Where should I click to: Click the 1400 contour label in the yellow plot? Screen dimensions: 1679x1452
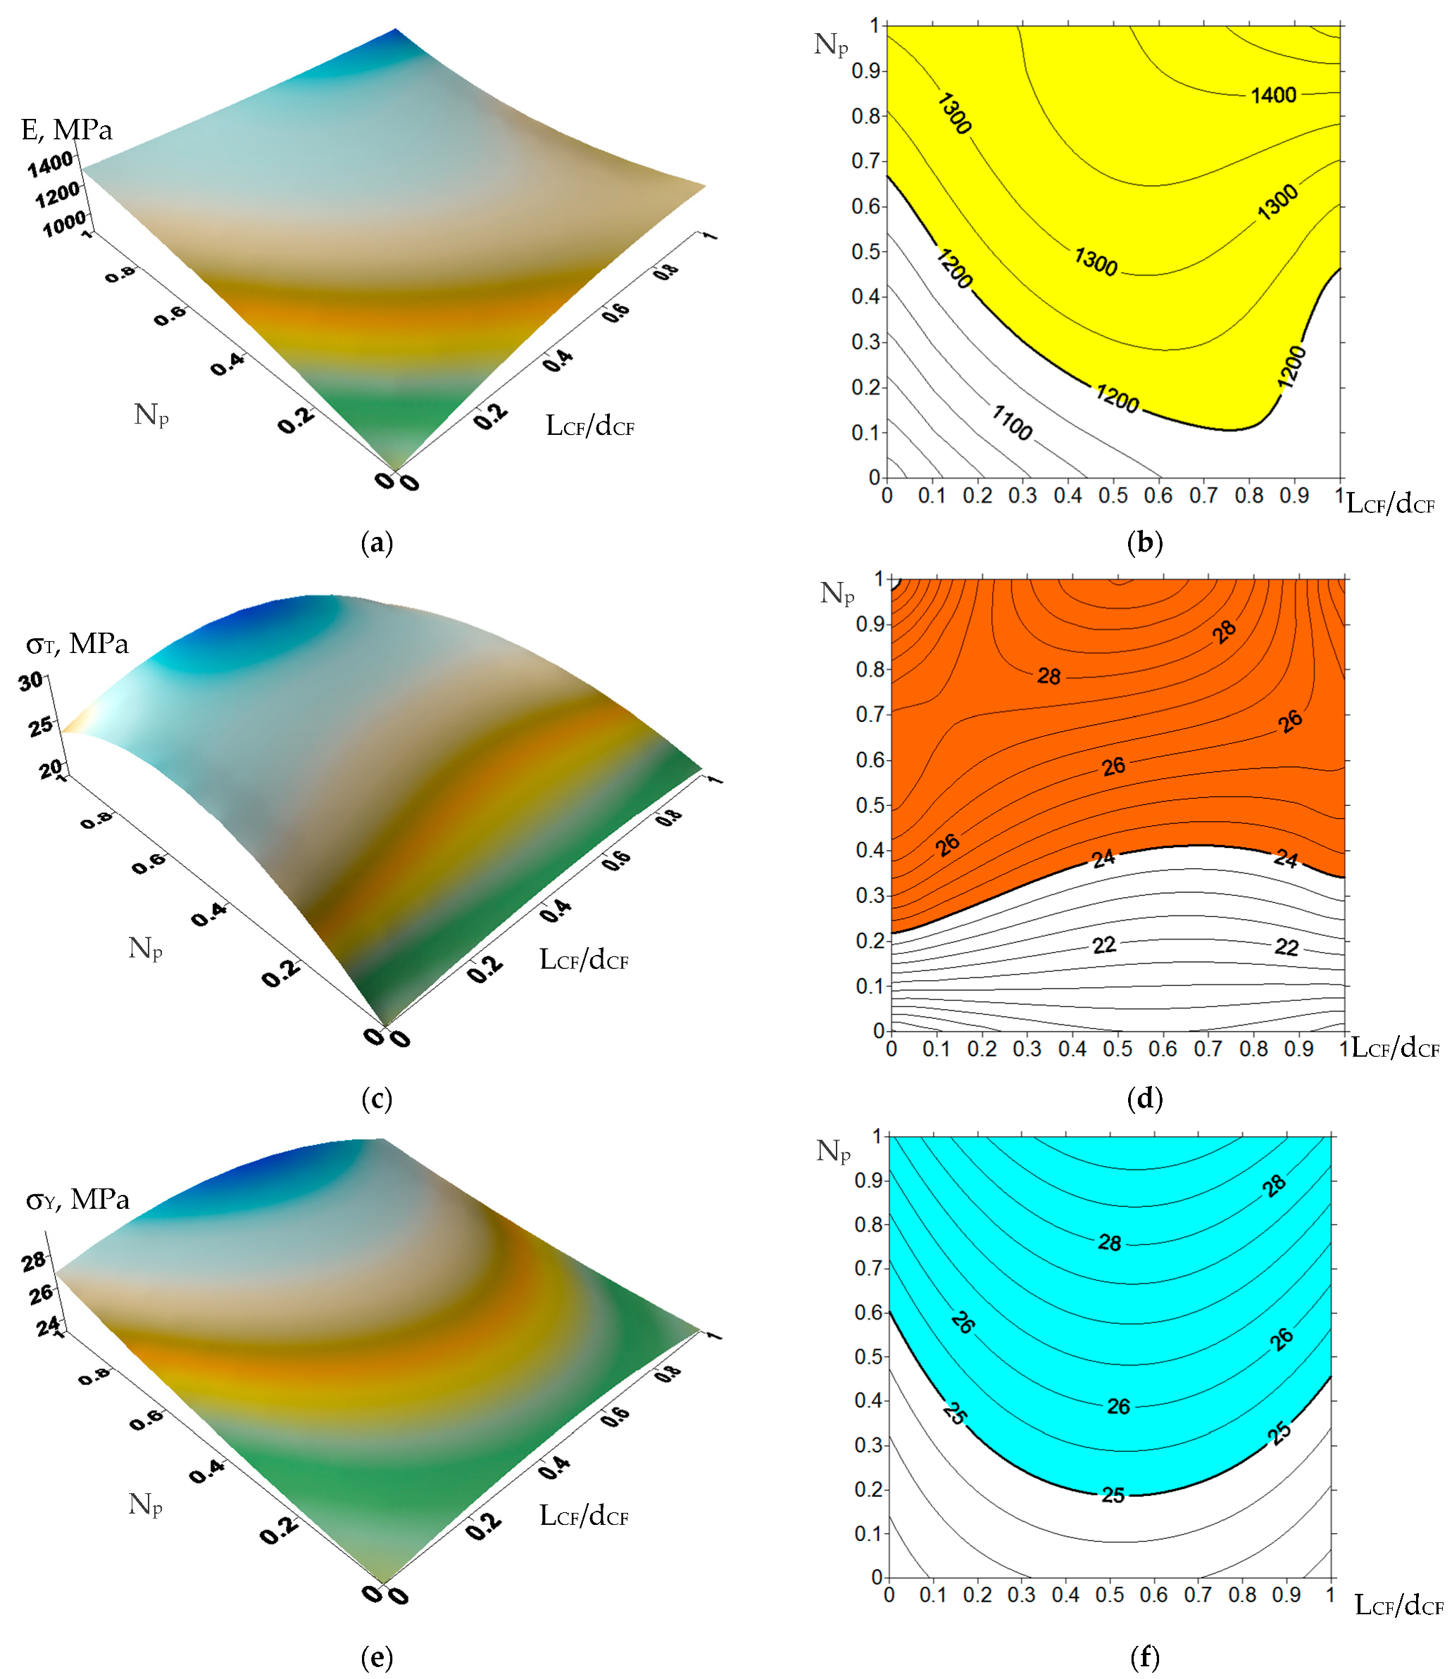(x=1273, y=96)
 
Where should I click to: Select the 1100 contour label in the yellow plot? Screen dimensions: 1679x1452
(x=1012, y=422)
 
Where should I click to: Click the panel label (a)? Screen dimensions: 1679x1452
(x=376, y=543)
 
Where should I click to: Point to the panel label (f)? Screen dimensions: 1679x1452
(x=1144, y=1657)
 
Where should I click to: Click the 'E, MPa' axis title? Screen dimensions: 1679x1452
(x=66, y=129)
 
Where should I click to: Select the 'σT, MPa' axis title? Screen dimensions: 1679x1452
(x=77, y=644)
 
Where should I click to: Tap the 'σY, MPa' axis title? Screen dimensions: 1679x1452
(x=77, y=1199)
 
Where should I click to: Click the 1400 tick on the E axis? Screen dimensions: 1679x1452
(x=50, y=165)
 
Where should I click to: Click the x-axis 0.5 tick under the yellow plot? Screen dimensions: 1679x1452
(x=1113, y=495)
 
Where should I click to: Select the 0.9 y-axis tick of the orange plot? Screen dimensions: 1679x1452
(x=869, y=625)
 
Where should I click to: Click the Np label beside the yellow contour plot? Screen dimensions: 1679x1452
(x=831, y=44)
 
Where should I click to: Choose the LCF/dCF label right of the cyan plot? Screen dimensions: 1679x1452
(x=1398, y=1605)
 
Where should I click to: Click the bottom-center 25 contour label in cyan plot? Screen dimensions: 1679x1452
(x=1113, y=1495)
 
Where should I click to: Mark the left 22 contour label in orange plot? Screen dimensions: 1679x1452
(x=1104, y=945)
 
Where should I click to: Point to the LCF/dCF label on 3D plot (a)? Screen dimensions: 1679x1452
(x=589, y=426)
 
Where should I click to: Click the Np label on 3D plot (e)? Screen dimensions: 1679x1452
(x=145, y=1504)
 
